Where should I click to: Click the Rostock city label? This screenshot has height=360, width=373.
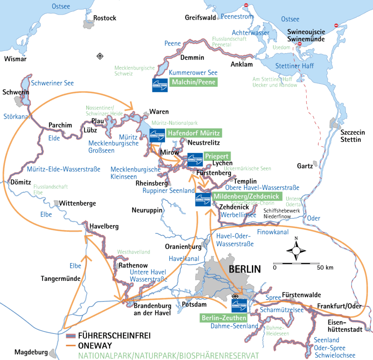[x=105, y=18]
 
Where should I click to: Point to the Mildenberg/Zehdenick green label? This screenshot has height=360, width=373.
[x=246, y=196]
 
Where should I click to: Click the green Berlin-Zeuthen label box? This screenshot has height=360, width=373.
[x=223, y=318]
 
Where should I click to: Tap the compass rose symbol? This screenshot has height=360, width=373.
[x=296, y=250]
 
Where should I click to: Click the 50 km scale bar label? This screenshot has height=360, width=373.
[x=325, y=268]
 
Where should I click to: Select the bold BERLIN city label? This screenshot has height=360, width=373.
[x=245, y=269]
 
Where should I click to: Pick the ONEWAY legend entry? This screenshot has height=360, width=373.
[x=95, y=345]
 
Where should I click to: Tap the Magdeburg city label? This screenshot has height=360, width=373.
[x=31, y=352]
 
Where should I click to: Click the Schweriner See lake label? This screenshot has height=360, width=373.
[x=52, y=83]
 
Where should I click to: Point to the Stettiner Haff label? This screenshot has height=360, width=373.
[x=295, y=66]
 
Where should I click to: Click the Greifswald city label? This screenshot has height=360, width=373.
[x=200, y=18]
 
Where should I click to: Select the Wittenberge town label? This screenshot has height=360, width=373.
[x=78, y=203]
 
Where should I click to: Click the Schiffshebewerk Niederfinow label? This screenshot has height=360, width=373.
[x=279, y=213]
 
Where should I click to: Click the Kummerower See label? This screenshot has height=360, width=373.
[x=193, y=73]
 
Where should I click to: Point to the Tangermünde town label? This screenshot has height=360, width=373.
[x=60, y=279]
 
